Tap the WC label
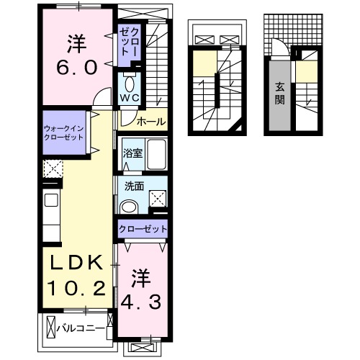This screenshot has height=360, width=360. tap(130, 98)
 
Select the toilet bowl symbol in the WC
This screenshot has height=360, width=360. tap(130, 81)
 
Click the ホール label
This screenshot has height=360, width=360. tap(150, 120)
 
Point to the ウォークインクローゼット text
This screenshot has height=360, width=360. tap(66, 132)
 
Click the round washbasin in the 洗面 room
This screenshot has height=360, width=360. tap(130, 207)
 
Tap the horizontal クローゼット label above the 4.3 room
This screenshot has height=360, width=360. tap(143, 229)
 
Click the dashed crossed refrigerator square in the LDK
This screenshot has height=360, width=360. tap(53, 170)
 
